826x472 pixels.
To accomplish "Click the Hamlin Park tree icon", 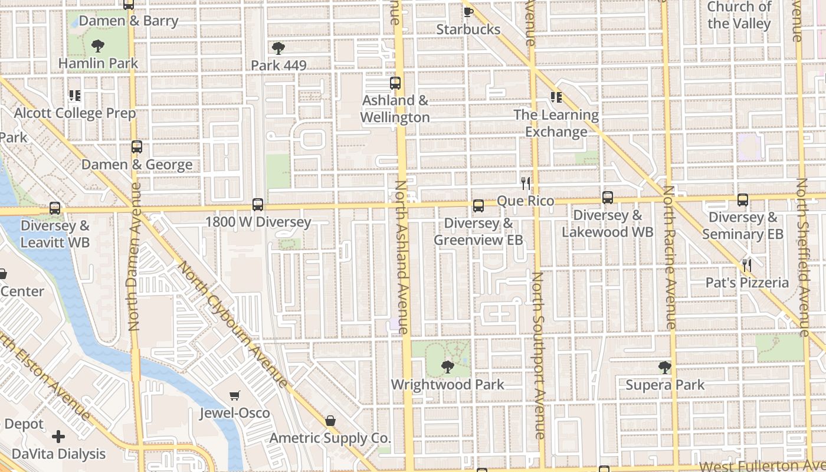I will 98,45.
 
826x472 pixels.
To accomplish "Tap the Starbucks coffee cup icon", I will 468,12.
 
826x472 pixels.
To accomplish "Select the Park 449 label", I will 278,65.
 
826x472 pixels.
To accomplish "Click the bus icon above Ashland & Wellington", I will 395,83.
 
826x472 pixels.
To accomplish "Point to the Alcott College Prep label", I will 75,113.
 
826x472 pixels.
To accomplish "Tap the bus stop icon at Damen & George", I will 137,147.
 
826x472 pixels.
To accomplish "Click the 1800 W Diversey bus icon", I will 258,205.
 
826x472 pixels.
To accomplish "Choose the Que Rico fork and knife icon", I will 526,183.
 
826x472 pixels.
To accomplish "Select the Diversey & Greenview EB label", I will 478,232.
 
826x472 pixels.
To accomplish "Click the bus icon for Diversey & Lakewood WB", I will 608,198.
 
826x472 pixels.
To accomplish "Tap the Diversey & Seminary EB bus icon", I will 743,200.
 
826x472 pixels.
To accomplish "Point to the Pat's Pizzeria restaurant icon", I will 747,265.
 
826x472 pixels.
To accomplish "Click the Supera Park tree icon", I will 665,368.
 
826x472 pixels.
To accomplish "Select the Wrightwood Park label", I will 448,385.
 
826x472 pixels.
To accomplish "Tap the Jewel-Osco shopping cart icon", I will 235,395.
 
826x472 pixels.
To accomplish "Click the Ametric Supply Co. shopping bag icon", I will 330,421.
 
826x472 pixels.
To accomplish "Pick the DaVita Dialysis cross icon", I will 58,437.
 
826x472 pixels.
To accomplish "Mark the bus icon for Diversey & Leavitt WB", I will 55,208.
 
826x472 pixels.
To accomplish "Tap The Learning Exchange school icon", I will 556,97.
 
